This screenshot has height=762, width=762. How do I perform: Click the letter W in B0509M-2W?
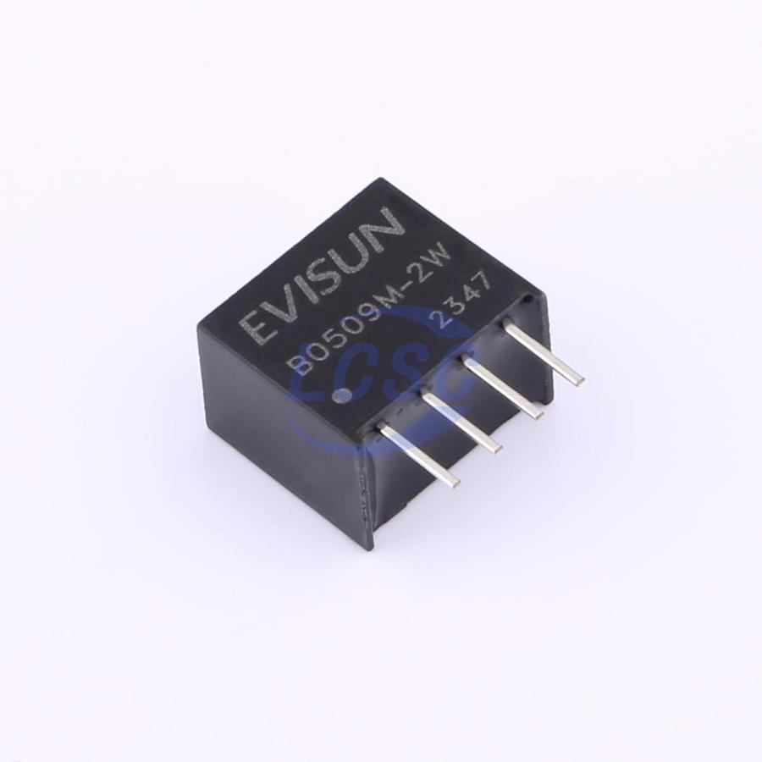pos(439,268)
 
